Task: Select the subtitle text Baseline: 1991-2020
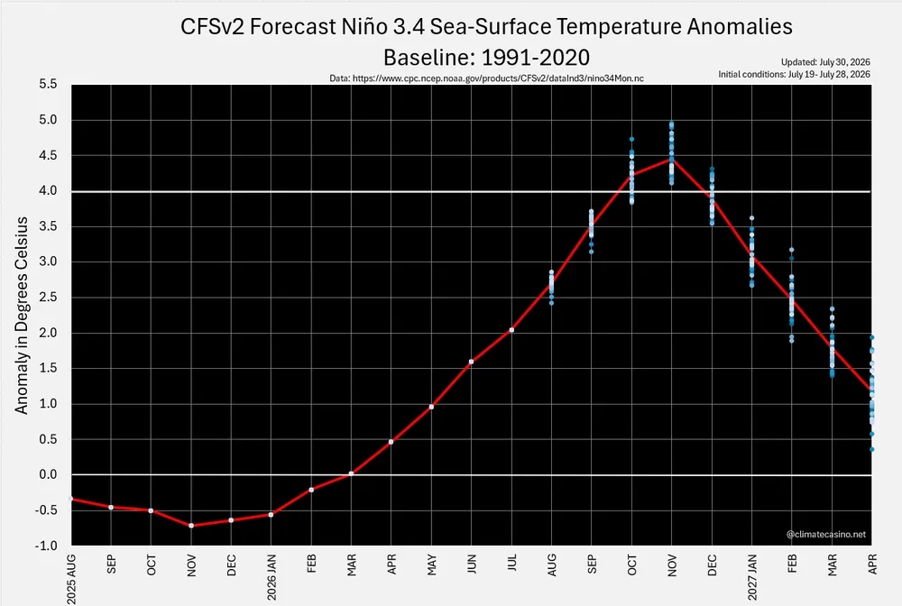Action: coord(487,58)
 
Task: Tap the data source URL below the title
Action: coord(487,78)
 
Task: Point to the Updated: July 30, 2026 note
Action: coord(825,62)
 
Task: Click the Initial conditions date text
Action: coord(794,74)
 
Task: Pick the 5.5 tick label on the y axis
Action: coord(49,84)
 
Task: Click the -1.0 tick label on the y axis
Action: coord(46,545)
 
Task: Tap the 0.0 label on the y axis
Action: coord(49,474)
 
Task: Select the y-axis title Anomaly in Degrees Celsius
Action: coord(22,315)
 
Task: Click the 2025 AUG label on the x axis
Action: coord(71,578)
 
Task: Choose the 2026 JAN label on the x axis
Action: coord(272,576)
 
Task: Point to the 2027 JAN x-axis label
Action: coord(752,576)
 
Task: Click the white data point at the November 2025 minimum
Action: coord(191,526)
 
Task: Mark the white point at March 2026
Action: coord(351,473)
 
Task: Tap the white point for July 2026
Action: coord(511,330)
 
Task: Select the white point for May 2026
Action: coord(431,407)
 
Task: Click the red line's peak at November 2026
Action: coord(671,158)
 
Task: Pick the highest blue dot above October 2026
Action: coord(631,139)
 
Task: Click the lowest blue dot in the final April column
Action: coord(871,450)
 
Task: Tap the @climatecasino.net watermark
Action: coord(826,534)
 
